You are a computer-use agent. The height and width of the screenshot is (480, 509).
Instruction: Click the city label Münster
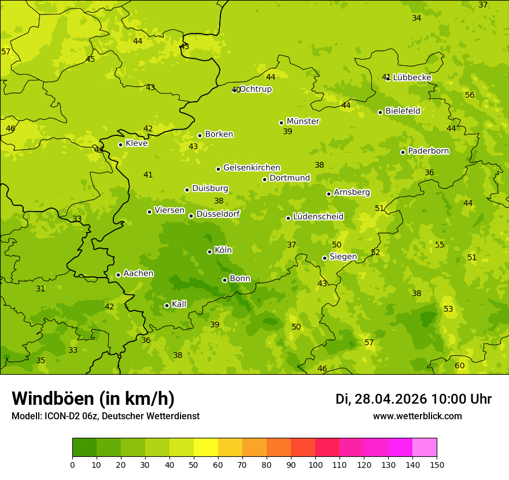[303, 121]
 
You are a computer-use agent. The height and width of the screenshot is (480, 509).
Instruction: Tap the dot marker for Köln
[209, 252]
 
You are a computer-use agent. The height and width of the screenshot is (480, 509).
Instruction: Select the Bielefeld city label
[403, 111]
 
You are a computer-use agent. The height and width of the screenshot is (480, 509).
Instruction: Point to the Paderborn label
[428, 151]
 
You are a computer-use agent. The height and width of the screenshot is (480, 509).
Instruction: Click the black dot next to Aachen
[118, 275]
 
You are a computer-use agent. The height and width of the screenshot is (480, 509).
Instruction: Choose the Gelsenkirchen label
[252, 168]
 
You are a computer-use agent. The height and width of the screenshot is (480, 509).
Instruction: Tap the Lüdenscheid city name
[318, 217]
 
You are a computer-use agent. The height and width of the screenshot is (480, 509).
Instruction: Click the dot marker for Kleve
[120, 145]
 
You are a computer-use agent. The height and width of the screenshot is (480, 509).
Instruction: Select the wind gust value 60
[460, 365]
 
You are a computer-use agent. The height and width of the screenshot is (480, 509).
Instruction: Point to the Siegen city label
[343, 257]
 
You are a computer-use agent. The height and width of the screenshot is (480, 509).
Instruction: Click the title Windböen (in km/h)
[93, 398]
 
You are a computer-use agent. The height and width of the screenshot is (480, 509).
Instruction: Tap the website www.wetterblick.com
[417, 416]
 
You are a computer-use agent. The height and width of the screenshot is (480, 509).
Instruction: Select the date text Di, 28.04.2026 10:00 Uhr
[414, 399]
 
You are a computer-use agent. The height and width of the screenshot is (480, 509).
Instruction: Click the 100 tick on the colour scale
[315, 464]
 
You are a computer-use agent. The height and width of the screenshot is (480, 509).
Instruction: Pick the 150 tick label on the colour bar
[437, 464]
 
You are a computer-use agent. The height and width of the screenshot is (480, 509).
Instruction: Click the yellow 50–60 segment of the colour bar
[206, 448]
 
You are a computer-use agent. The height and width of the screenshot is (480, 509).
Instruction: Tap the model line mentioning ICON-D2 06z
[105, 416]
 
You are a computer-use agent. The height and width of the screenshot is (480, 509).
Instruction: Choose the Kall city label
[179, 304]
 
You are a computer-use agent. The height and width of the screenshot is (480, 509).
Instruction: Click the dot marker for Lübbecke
[388, 78]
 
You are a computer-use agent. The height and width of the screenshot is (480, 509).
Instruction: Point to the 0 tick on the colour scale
[72, 464]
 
